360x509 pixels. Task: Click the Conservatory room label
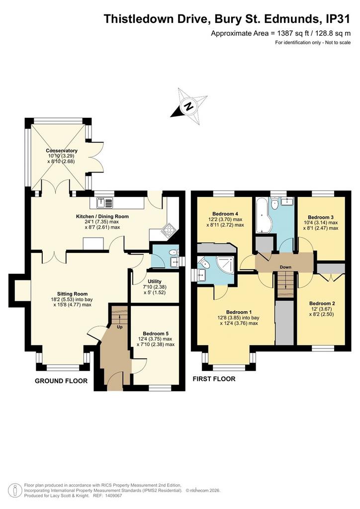coord(62,151)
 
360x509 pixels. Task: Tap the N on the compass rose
coord(188,106)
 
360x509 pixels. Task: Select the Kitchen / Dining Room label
coord(102,217)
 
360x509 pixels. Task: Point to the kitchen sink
coord(105,203)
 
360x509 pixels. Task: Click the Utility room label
coord(155,281)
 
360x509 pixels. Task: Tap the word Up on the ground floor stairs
coord(120,327)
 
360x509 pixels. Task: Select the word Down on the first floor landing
coord(285,267)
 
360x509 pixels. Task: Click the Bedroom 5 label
coord(156,334)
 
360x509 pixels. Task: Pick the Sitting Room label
coord(73,294)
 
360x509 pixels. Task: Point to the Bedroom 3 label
coord(321,217)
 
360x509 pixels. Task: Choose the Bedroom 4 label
coord(225,214)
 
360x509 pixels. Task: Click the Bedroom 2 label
coord(322,304)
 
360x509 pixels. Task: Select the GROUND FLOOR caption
coord(61,381)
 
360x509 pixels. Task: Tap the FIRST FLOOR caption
coord(214,378)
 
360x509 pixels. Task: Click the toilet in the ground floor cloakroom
coord(174,252)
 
